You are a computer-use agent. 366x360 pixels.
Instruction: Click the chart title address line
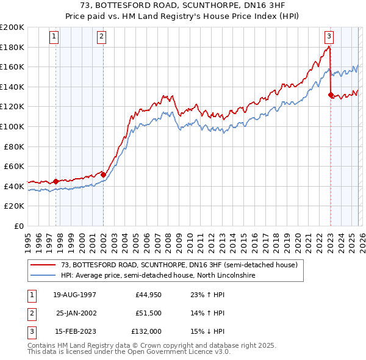coord(183,5)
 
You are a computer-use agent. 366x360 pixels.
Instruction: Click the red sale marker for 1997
coord(56,181)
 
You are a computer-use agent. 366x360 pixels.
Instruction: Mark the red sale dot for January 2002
coord(103,175)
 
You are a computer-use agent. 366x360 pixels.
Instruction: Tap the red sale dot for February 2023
coord(331,95)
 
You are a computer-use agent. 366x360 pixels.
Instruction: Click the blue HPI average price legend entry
coord(159,276)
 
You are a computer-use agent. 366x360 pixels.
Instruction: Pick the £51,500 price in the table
coord(148,313)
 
